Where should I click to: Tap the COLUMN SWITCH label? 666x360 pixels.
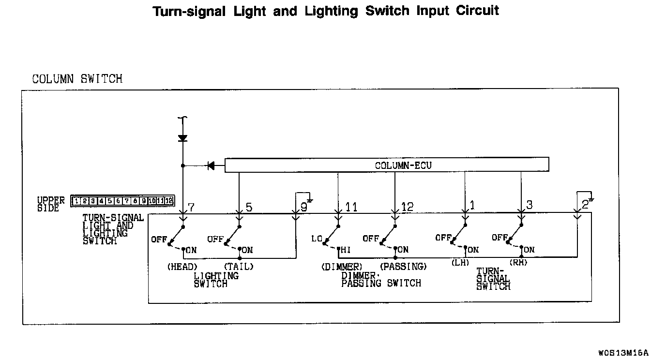[77, 79]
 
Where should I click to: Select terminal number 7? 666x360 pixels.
[191, 208]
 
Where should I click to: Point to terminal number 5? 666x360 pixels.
[249, 208]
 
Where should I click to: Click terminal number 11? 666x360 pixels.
[351, 208]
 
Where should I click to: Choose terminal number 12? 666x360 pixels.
[408, 207]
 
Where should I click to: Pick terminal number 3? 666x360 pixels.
[529, 205]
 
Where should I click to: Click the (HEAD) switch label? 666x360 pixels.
[182, 267]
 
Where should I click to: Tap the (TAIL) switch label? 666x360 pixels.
[239, 267]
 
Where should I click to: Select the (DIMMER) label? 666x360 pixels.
[341, 267]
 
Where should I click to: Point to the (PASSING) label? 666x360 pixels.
[403, 267]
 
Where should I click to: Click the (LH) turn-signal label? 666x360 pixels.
[460, 263]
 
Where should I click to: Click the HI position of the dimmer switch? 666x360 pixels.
[346, 250]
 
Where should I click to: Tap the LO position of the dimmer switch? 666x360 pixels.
[317, 239]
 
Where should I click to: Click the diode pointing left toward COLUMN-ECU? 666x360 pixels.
[211, 166]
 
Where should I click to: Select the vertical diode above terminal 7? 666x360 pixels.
[182, 138]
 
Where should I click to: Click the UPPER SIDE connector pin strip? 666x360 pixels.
[122, 201]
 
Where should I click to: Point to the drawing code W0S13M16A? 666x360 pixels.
[622, 352]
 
